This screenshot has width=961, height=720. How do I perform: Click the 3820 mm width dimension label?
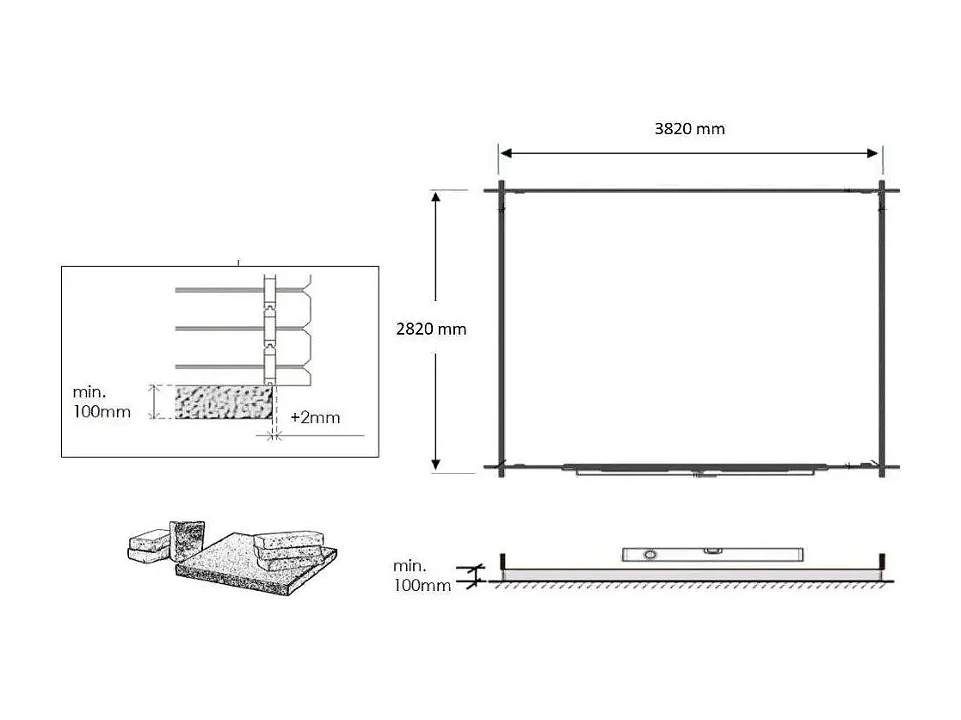pyautogui.click(x=689, y=129)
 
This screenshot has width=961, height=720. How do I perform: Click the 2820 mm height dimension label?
pyautogui.click(x=431, y=329)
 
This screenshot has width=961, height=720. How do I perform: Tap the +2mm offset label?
pyautogui.click(x=315, y=418)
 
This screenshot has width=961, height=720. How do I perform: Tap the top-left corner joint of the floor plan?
pyautogui.click(x=501, y=190)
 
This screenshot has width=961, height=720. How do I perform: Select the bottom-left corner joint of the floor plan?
pyautogui.click(x=501, y=468)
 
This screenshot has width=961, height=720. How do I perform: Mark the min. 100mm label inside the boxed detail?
pyautogui.click(x=102, y=403)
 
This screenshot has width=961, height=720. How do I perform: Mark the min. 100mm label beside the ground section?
pyautogui.click(x=421, y=575)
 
